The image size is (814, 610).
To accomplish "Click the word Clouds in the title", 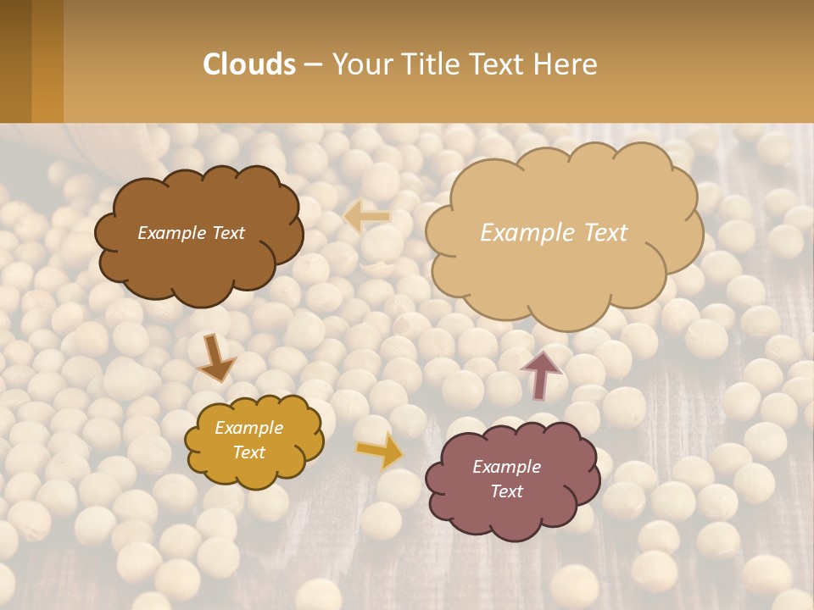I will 249,64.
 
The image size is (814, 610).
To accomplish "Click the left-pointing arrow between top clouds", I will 367,217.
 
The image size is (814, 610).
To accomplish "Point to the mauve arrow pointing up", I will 541,374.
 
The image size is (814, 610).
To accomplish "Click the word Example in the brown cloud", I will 172,233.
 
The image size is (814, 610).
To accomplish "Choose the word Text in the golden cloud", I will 249,452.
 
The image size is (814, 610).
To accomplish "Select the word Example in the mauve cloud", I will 506,467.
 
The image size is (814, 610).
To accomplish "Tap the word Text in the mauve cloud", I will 506,491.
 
